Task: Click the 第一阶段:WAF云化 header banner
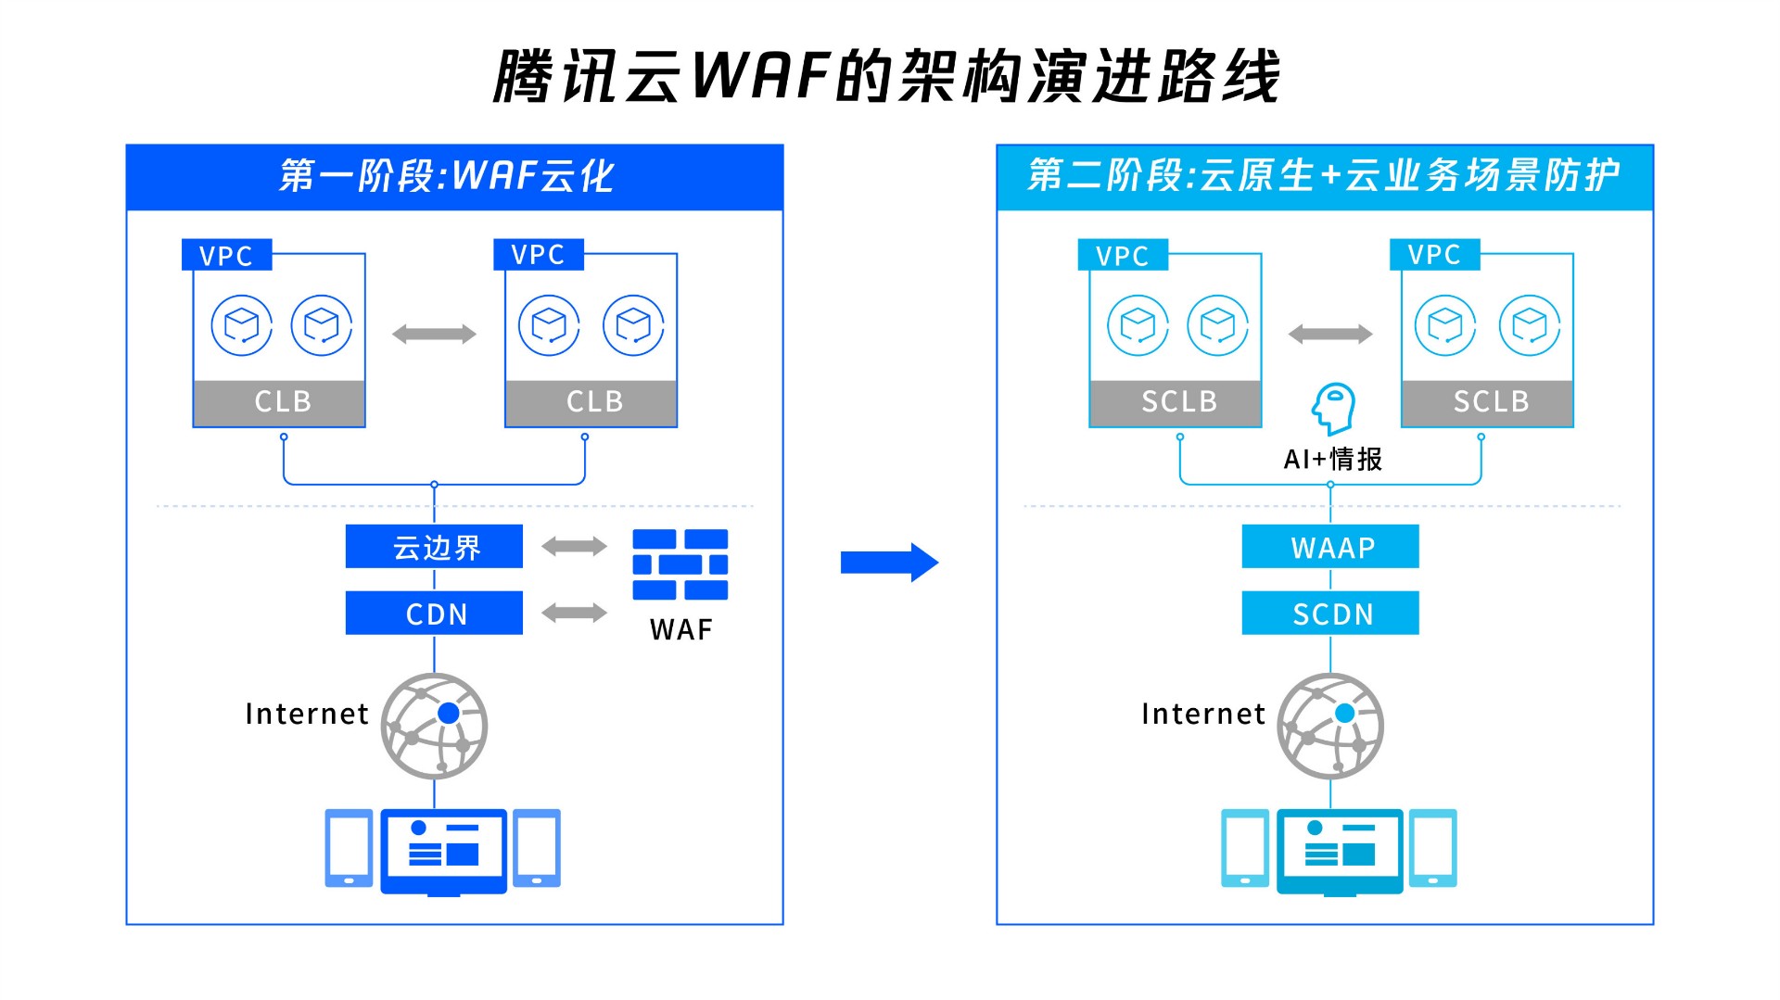pyautogui.click(x=454, y=177)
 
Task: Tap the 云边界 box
pyautogui.click(x=434, y=547)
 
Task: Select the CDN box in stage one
pyautogui.click(x=434, y=614)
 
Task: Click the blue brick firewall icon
pyautogui.click(x=680, y=564)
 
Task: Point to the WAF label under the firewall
pyautogui.click(x=681, y=630)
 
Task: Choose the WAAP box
pyautogui.click(x=1330, y=547)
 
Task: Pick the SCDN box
pyautogui.click(x=1330, y=614)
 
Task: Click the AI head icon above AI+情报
pyautogui.click(x=1333, y=409)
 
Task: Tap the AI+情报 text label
pyautogui.click(x=1332, y=459)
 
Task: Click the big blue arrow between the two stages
pyautogui.click(x=889, y=563)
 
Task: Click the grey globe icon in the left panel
pyautogui.click(x=434, y=726)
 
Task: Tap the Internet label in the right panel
pyautogui.click(x=1203, y=714)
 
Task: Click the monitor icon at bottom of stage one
pyautogui.click(x=443, y=851)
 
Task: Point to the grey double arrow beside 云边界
pyautogui.click(x=574, y=547)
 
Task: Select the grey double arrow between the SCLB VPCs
pyautogui.click(x=1330, y=335)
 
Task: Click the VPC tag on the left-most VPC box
pyautogui.click(x=226, y=256)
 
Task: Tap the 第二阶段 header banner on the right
pyautogui.click(x=1325, y=177)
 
